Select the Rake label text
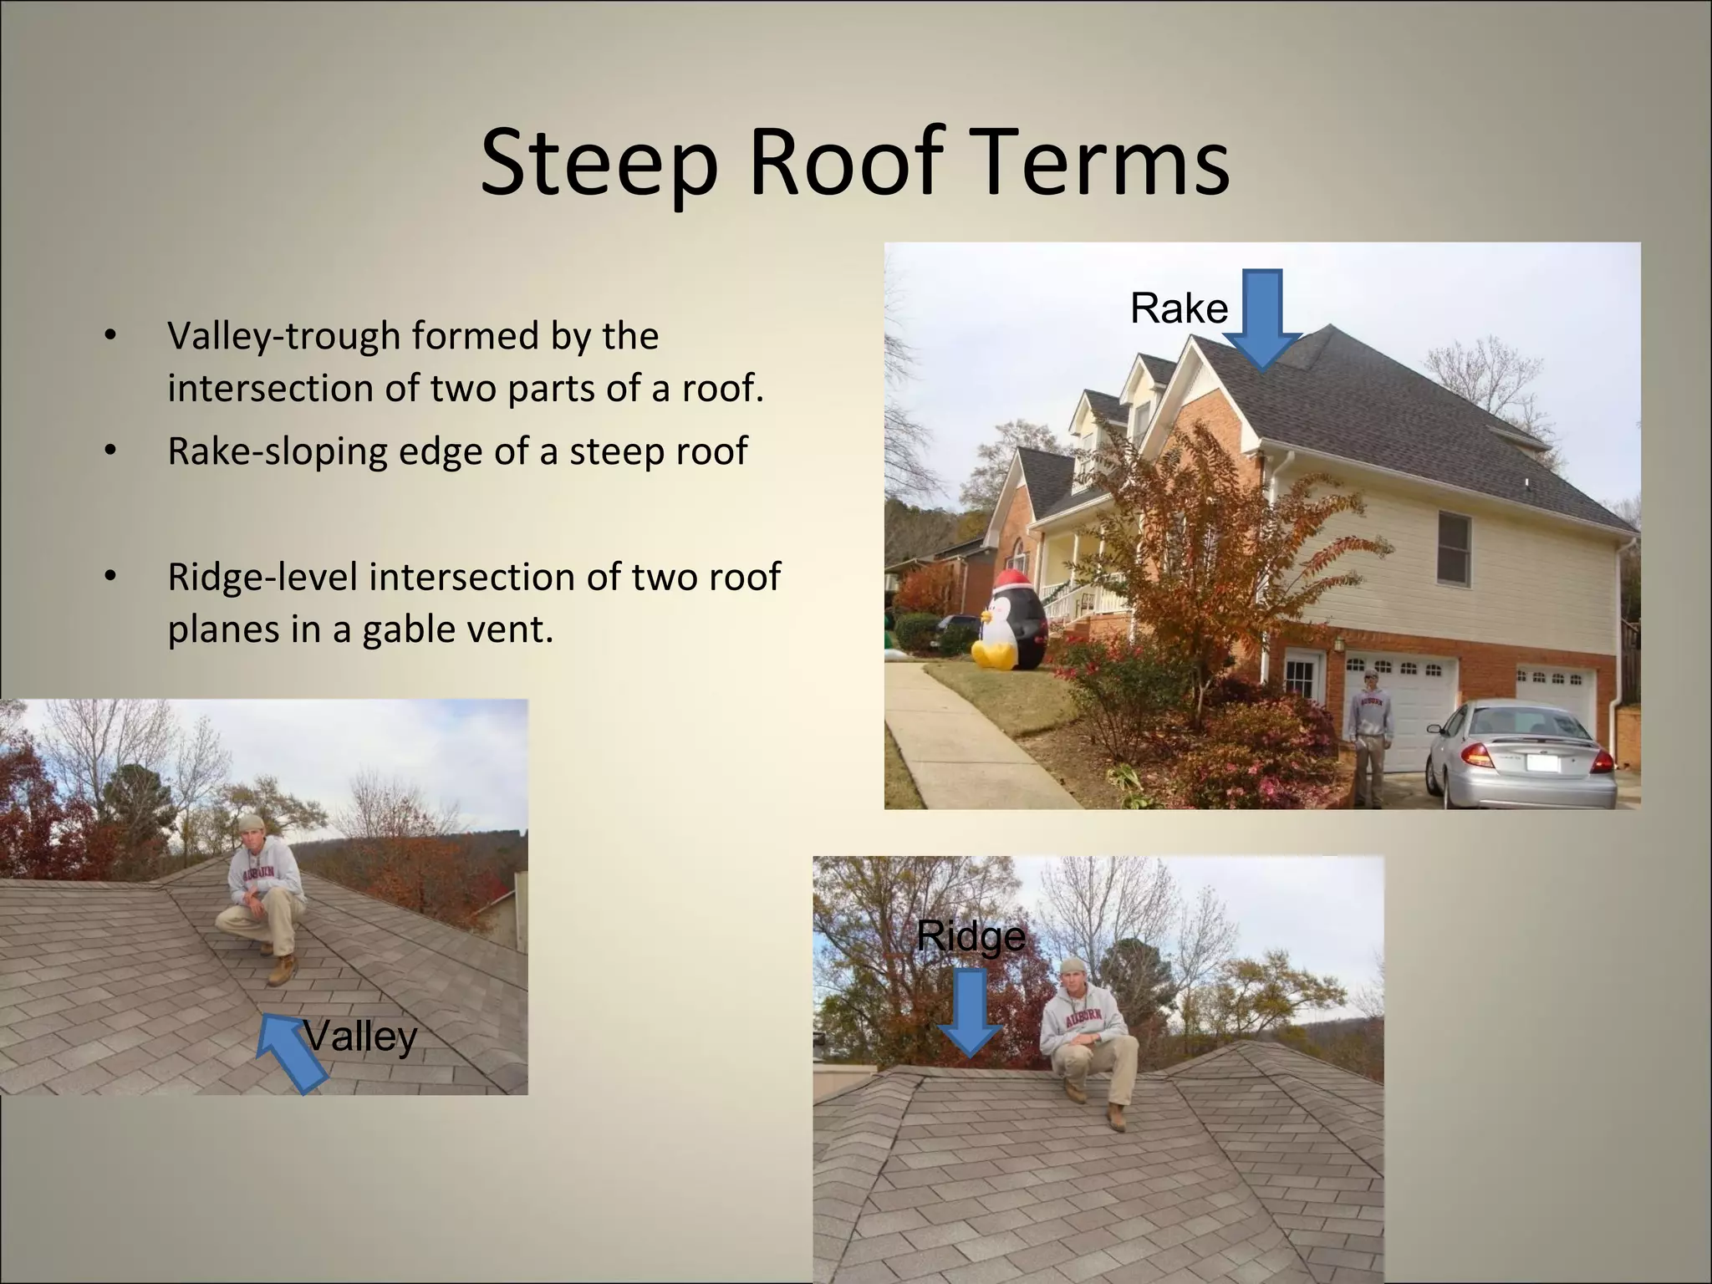pyautogui.click(x=1179, y=308)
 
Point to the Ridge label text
pyautogui.click(x=970, y=935)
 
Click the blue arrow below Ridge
pyautogui.click(x=970, y=1012)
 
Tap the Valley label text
pyautogui.click(x=360, y=1037)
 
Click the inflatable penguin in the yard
pyautogui.click(x=1012, y=619)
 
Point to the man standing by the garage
pyautogui.click(x=1370, y=736)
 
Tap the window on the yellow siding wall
pyautogui.click(x=1455, y=548)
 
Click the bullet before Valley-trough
pyautogui.click(x=109, y=337)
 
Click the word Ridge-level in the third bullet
pyautogui.click(x=262, y=577)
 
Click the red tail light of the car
pyautogui.click(x=1476, y=756)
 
